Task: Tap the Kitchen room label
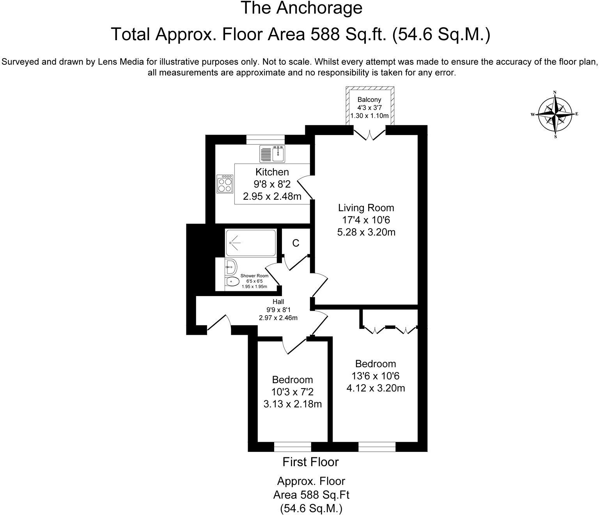pyautogui.click(x=272, y=172)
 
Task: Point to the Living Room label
pyautogui.click(x=366, y=208)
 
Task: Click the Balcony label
pyautogui.click(x=369, y=100)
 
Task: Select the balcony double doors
pyautogui.click(x=369, y=133)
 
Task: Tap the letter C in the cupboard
pyautogui.click(x=296, y=243)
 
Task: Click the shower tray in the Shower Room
pyautogui.click(x=251, y=243)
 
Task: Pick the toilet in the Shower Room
pyautogui.click(x=232, y=281)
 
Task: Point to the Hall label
pyautogui.click(x=278, y=302)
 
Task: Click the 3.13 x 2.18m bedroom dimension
pyautogui.click(x=292, y=404)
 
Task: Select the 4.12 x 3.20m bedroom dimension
pyautogui.click(x=376, y=388)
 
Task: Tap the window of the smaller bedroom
pyautogui.click(x=292, y=446)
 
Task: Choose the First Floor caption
pyautogui.click(x=310, y=462)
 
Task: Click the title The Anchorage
pyautogui.click(x=301, y=9)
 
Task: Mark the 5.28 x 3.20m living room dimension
pyautogui.click(x=366, y=233)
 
